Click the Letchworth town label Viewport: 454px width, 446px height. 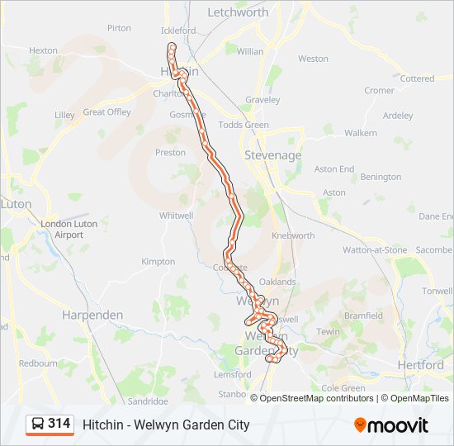tap(238, 12)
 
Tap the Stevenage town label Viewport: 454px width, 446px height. tap(273, 155)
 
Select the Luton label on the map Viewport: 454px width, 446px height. tap(16, 203)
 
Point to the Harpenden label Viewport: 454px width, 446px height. tap(93, 315)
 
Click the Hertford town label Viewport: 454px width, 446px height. tap(420, 364)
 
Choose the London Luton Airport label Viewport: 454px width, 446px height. tap(69, 229)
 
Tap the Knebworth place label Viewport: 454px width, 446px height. tap(293, 235)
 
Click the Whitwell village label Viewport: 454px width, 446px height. tap(176, 215)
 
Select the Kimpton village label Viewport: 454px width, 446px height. tap(158, 262)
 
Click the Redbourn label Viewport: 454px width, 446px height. tap(38, 363)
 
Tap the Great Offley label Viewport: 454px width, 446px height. tap(106, 111)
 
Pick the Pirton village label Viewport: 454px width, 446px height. tap(119, 28)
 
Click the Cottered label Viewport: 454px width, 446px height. tap(417, 78)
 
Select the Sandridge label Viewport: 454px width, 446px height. tap(147, 401)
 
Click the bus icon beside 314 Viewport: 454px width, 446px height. tap(37, 425)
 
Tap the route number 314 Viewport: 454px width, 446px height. tap(59, 424)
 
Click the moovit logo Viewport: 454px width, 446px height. tap(391, 425)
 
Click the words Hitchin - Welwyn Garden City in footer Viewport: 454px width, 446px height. tap(166, 425)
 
